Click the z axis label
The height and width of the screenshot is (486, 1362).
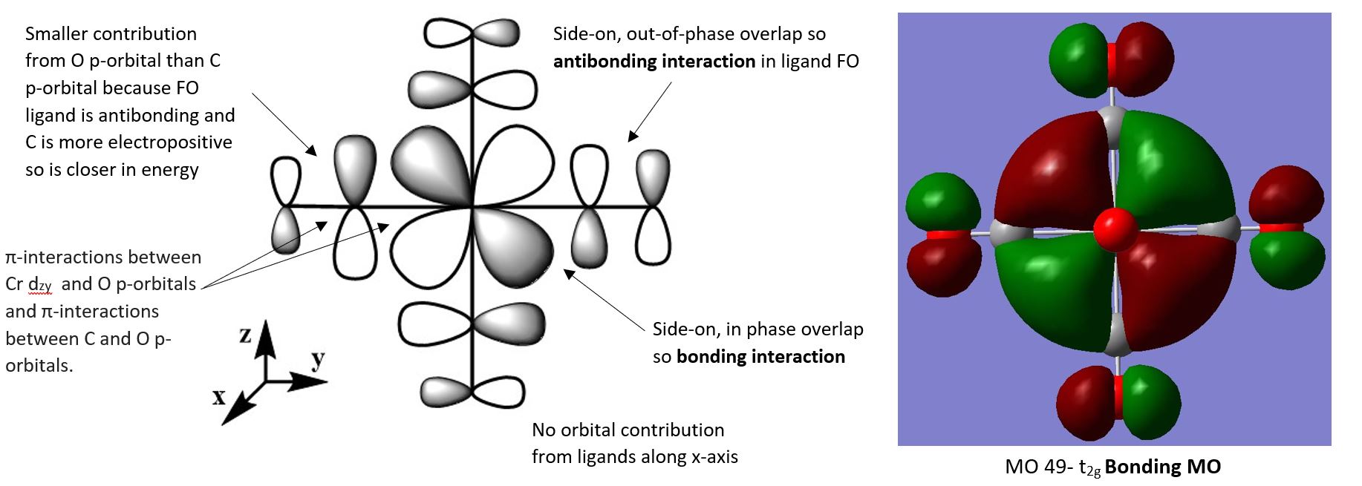point(245,335)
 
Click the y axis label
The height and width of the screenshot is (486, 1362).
point(318,359)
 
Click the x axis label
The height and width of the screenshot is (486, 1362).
point(219,397)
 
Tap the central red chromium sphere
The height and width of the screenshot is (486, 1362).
point(1115,229)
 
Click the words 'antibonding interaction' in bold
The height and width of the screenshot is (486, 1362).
point(654,62)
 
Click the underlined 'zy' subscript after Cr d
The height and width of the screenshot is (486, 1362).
point(45,286)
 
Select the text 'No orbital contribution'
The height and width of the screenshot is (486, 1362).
point(628,430)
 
